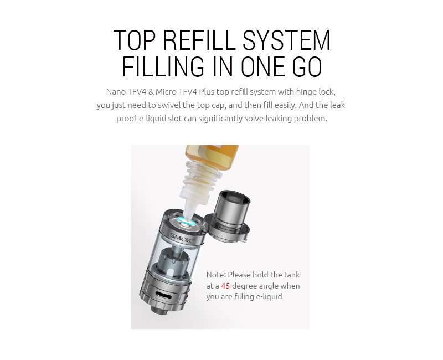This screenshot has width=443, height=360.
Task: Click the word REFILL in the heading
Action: (x=199, y=40)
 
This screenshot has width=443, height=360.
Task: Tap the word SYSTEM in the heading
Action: (x=286, y=40)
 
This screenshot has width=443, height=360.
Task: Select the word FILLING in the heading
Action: (x=163, y=66)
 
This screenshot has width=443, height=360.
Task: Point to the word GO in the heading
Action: (x=307, y=66)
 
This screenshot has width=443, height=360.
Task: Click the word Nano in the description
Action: (x=116, y=92)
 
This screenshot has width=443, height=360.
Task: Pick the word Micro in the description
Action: (x=166, y=92)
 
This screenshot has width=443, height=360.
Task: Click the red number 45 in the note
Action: (x=225, y=286)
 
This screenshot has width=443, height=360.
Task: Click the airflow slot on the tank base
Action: (x=163, y=295)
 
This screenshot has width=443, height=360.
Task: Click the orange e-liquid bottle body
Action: (x=212, y=155)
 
